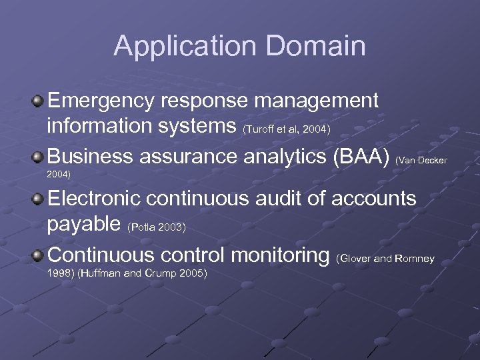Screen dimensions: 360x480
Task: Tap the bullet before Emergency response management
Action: coord(39,101)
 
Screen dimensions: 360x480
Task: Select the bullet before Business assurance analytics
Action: coord(39,157)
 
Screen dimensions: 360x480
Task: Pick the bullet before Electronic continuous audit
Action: coord(39,199)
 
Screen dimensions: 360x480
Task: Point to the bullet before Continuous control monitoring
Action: coord(39,255)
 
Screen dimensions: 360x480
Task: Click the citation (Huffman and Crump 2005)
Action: coord(143,273)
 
